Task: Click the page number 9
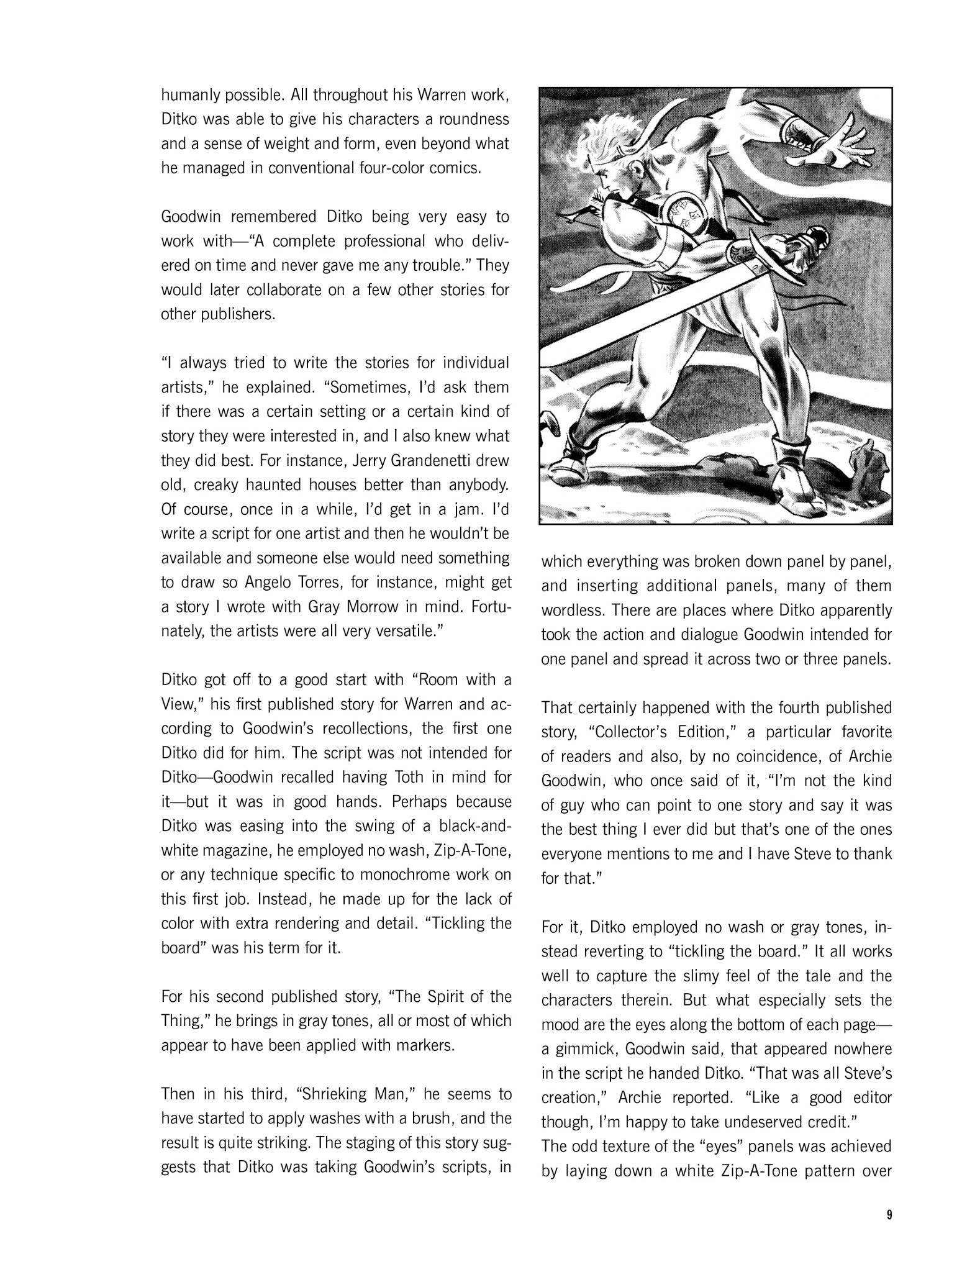click(x=889, y=1215)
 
